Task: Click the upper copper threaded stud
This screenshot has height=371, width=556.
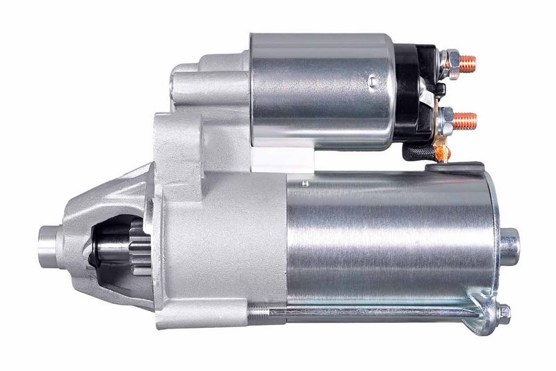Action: point(468,61)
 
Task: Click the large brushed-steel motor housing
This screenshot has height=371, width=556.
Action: point(389,237)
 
